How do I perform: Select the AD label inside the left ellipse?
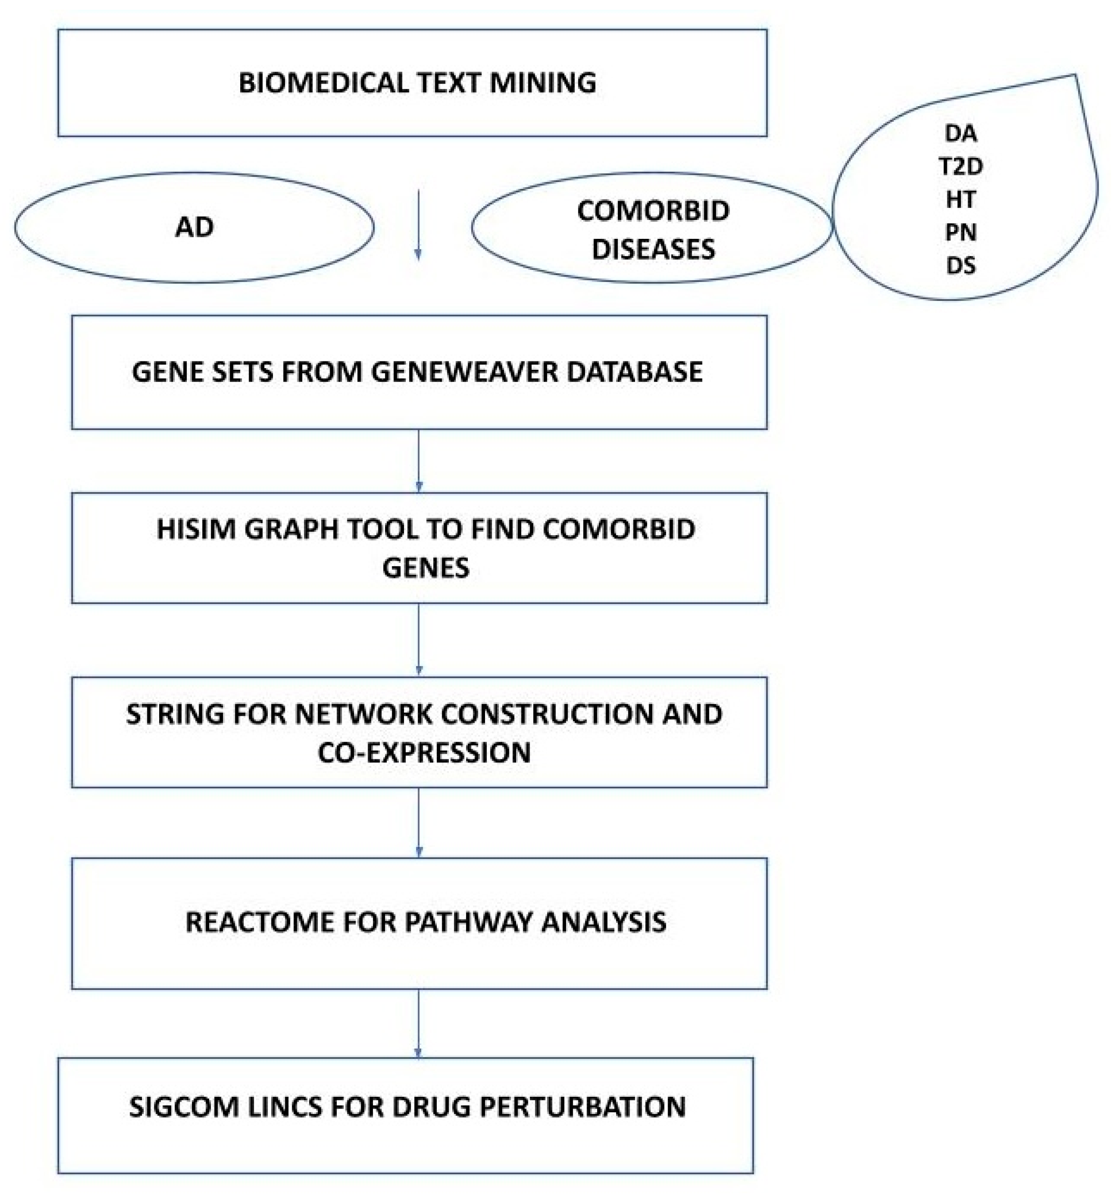pos(194,227)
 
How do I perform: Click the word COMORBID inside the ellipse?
pos(653,211)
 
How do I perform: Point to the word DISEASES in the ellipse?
pos(653,249)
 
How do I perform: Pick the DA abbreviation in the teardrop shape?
pos(960,133)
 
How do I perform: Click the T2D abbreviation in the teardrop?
pos(960,166)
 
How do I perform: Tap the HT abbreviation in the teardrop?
pos(960,199)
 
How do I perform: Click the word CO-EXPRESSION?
pos(424,752)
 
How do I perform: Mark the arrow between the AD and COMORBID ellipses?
pos(418,225)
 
